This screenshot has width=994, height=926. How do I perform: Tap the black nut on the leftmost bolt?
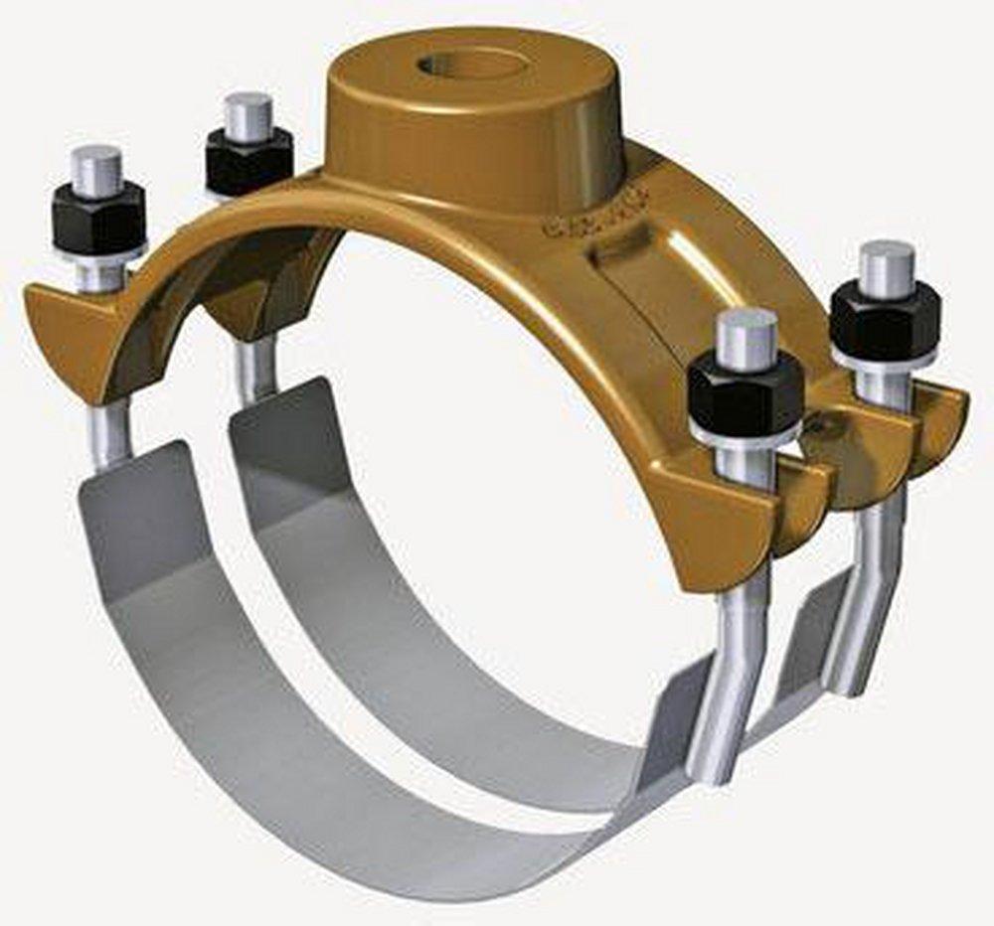(98, 219)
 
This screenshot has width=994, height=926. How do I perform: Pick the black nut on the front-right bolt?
(745, 394)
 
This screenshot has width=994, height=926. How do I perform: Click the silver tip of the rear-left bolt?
(248, 115)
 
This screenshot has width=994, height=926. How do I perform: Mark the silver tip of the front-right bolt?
(746, 338)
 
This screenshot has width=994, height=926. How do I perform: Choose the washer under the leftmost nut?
(99, 254)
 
